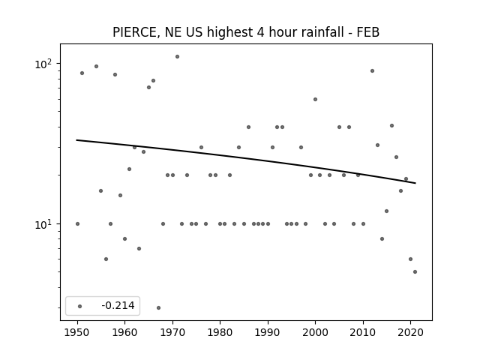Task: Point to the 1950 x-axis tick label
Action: pos(77,332)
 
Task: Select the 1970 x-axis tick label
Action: pos(172,332)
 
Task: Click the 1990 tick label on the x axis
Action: pos(268,332)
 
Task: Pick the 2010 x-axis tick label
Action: pos(363,332)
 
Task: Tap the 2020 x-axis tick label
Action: pos(410,332)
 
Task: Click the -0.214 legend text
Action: pos(118,305)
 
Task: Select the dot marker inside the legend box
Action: pos(80,306)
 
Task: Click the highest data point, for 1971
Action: pos(177,57)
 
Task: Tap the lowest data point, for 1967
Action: pos(158,307)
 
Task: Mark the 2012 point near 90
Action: pos(372,70)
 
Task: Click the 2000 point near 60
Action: pos(315,99)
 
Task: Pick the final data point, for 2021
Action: pos(415,271)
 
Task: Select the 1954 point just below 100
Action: pos(96,66)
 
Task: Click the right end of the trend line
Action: pos(415,183)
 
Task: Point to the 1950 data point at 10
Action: pos(77,223)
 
